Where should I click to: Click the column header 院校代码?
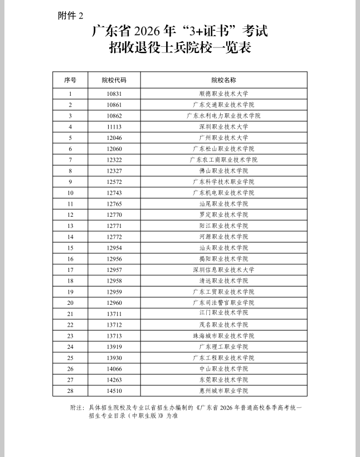pyautogui.click(x=114, y=80)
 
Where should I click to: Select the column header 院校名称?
pyautogui.click(x=223, y=80)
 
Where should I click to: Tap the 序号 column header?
pyautogui.click(x=70, y=80)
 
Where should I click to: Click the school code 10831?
pyautogui.click(x=114, y=94)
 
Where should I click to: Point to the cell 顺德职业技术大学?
pyautogui.click(x=223, y=94)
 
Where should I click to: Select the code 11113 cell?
pyautogui.click(x=114, y=127)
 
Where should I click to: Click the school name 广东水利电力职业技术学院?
pyautogui.click(x=223, y=116)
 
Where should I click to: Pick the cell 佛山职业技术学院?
pyautogui.click(x=223, y=171)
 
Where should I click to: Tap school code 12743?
pyautogui.click(x=114, y=193)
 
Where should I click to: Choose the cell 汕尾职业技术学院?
pyautogui.click(x=223, y=204)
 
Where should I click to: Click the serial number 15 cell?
pyautogui.click(x=70, y=247)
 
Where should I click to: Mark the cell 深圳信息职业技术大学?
pyautogui.click(x=223, y=270)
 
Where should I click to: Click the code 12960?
pyautogui.click(x=114, y=303)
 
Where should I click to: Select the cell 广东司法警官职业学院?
pyautogui.click(x=223, y=303)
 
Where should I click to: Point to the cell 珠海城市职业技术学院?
pyautogui.click(x=223, y=336)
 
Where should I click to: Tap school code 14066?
pyautogui.click(x=114, y=368)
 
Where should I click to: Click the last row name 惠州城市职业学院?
pyautogui.click(x=223, y=391)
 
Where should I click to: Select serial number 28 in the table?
pyautogui.click(x=70, y=391)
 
